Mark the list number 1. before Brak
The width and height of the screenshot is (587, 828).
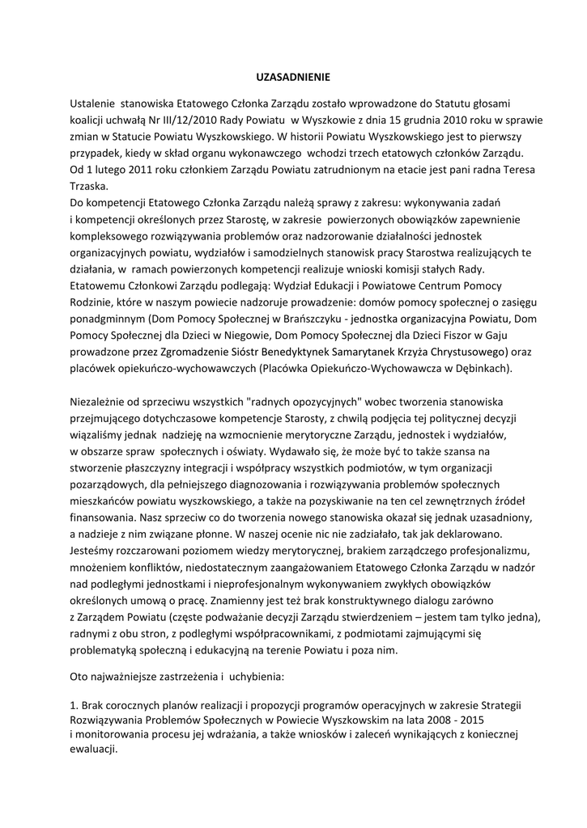[x=74, y=705]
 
